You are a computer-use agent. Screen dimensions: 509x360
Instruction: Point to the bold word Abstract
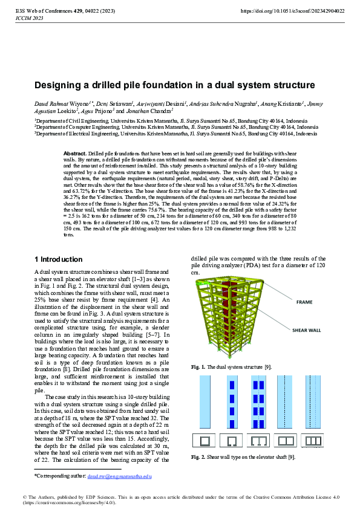coord(75,154)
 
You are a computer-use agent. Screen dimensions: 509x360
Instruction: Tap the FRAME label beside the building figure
coord(304,302)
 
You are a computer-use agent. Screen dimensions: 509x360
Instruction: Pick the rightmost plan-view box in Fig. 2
coord(313,441)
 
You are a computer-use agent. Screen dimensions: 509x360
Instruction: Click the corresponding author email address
coord(120,476)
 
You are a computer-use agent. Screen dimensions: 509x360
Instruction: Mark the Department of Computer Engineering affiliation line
coord(175,128)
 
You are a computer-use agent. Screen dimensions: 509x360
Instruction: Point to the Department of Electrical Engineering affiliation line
coord(175,134)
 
